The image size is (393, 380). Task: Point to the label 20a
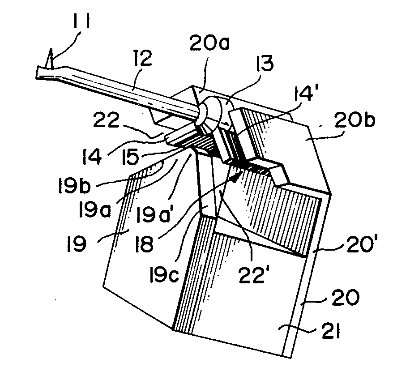pyautogui.click(x=209, y=43)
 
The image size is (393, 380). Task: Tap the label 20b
pyautogui.click(x=355, y=120)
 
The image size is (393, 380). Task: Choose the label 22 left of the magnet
pyautogui.click(x=105, y=120)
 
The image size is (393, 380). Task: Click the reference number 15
pyautogui.click(x=130, y=157)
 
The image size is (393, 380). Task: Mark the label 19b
pyautogui.click(x=74, y=185)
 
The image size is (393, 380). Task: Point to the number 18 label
pyautogui.click(x=145, y=244)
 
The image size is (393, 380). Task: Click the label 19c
pyautogui.click(x=164, y=274)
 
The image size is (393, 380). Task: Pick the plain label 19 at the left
pyautogui.click(x=76, y=244)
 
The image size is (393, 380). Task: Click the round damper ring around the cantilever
pyautogui.click(x=210, y=111)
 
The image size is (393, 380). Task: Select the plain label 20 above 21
pyautogui.click(x=346, y=298)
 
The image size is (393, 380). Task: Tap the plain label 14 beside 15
pyautogui.click(x=92, y=157)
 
